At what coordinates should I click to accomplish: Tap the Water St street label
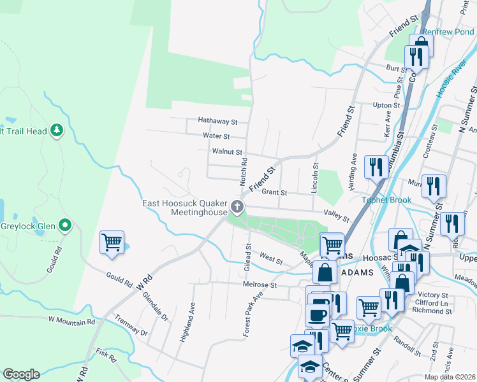[x=216, y=136]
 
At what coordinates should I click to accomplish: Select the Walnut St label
[x=227, y=152]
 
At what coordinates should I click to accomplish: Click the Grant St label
[x=275, y=192]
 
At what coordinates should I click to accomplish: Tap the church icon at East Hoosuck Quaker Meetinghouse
[x=237, y=206]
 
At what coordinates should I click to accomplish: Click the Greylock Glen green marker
[x=64, y=225]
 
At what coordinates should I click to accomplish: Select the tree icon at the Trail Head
[x=57, y=131]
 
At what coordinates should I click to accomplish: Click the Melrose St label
[x=260, y=286]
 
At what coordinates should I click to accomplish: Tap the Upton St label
[x=386, y=105]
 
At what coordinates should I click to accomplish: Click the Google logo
[x=21, y=374]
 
